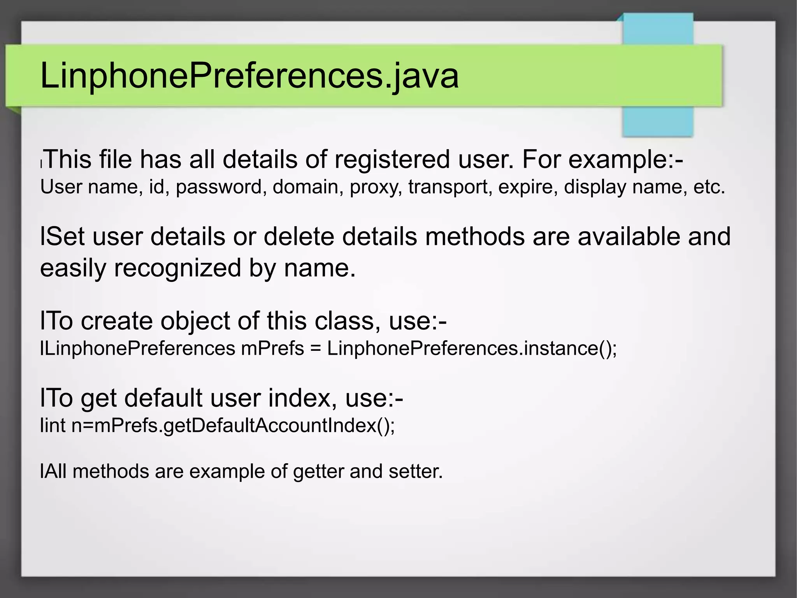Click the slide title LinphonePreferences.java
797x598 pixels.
coord(249,76)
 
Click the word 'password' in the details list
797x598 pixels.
coord(221,187)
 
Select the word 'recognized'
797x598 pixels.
coord(177,268)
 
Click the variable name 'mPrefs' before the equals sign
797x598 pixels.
coord(272,348)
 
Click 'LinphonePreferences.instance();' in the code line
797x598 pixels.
coord(472,348)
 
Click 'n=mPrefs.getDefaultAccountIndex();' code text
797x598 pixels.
coord(233,426)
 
